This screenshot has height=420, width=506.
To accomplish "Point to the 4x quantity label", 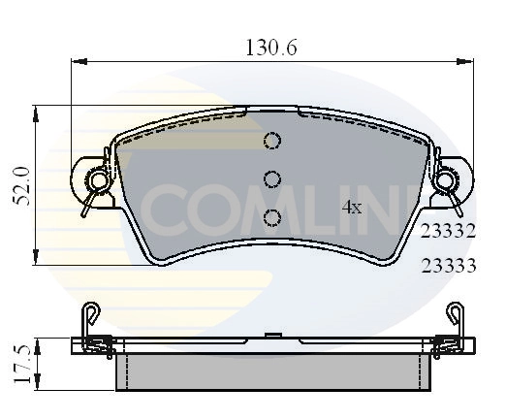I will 352,207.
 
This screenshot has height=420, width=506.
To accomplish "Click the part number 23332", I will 447,231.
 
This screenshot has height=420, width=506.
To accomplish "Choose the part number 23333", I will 447,264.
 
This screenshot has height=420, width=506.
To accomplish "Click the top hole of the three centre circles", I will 271,142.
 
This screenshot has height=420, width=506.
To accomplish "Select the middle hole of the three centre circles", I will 271,178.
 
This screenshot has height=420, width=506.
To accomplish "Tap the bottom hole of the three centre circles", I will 271,216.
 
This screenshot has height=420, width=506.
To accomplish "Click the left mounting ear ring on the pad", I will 98,179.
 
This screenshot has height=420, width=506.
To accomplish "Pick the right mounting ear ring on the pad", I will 446,179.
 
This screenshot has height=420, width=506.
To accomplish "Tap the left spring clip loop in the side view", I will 90,311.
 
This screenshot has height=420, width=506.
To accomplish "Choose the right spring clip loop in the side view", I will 454,311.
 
